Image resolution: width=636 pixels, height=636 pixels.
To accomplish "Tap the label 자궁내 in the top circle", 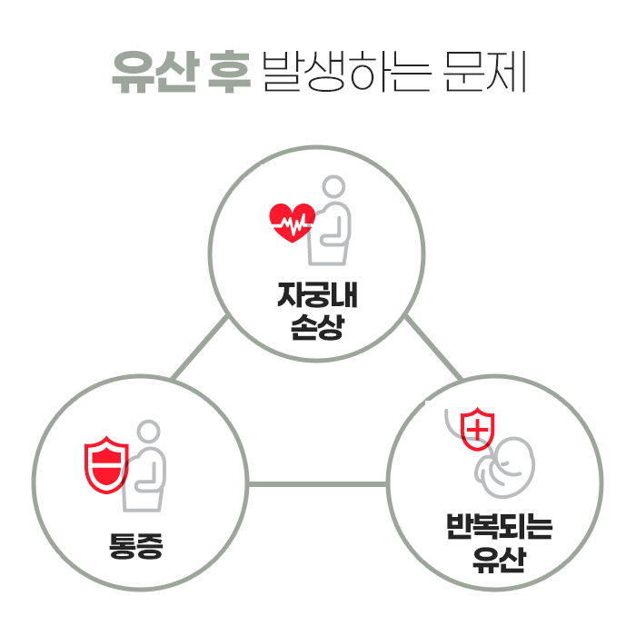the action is point(317,298).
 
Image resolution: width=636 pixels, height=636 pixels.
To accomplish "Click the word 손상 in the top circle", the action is point(317,327).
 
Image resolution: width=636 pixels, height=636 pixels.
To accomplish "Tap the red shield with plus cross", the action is point(478,427).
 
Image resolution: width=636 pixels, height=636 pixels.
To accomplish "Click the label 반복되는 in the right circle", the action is point(499,528).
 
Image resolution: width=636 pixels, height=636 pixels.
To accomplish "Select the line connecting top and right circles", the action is point(432,347).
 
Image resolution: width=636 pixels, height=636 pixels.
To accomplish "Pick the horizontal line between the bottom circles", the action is point(317,483).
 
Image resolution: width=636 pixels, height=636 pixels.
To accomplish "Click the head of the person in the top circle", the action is point(334,188).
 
